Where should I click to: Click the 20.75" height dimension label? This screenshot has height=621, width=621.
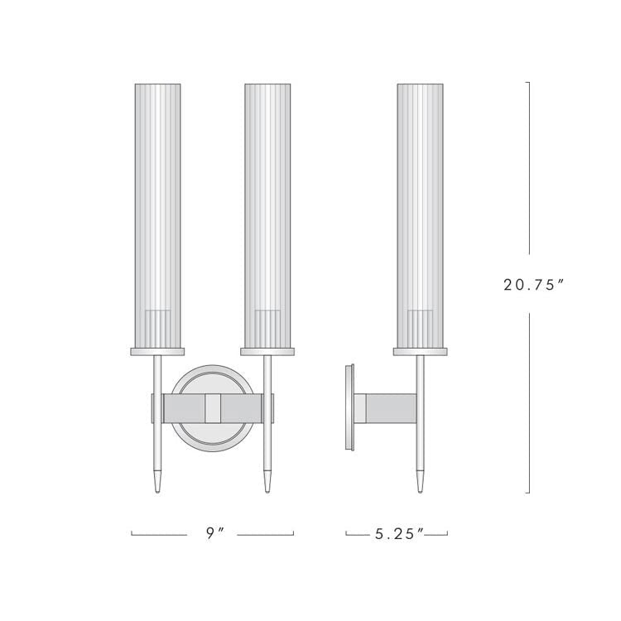pyautogui.click(x=533, y=285)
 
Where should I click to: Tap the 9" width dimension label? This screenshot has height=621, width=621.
pyautogui.click(x=214, y=534)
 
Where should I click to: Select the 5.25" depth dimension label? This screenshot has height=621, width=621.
pyautogui.click(x=397, y=534)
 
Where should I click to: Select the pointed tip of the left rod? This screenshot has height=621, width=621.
pyautogui.click(x=156, y=484)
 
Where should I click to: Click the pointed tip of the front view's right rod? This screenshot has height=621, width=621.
pyautogui.click(x=267, y=484)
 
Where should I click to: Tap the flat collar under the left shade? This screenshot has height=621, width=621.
pyautogui.click(x=156, y=352)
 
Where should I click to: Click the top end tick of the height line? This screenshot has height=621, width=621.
pyautogui.click(x=527, y=82)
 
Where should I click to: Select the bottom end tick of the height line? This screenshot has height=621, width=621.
pyautogui.click(x=527, y=493)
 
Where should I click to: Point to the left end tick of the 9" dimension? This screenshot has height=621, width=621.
pyautogui.click(x=132, y=534)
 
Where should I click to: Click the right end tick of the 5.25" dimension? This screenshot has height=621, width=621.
pyautogui.click(x=447, y=534)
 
